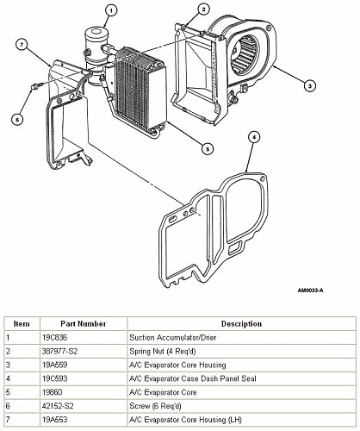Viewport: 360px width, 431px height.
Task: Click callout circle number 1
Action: (111, 11)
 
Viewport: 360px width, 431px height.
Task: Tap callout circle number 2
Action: (203, 9)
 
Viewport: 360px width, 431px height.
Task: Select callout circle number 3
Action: (309, 85)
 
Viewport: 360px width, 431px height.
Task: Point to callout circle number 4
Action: (254, 137)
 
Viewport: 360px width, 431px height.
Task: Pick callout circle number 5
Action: (208, 148)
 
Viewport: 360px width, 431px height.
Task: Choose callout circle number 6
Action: (17, 120)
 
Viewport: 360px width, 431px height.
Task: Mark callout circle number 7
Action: (22, 45)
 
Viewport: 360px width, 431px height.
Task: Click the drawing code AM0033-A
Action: (310, 290)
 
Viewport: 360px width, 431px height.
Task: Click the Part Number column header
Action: (84, 324)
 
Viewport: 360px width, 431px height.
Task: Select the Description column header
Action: (241, 324)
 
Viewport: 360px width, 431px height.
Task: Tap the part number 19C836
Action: (55, 337)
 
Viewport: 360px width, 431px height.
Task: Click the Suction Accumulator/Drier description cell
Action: (173, 337)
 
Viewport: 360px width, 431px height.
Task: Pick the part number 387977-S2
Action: (60, 351)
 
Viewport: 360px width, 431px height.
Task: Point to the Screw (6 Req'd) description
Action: (155, 406)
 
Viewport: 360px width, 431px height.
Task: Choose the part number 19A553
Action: (55, 420)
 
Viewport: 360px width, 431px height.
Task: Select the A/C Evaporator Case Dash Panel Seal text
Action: (193, 378)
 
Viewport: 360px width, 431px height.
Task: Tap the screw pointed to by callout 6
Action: (37, 85)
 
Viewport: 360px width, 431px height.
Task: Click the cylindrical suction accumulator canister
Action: (95, 54)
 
